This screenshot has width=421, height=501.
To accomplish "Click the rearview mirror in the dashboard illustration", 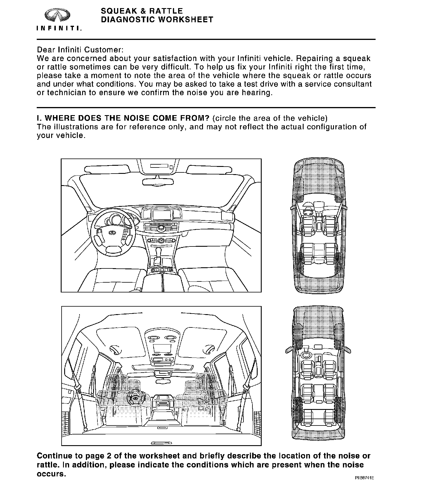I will pos(158,182).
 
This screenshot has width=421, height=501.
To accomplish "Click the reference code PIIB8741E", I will pos(365,478).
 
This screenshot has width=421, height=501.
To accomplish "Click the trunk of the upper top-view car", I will pos(319,282).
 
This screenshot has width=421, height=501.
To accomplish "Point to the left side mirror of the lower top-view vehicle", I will pos(289,350).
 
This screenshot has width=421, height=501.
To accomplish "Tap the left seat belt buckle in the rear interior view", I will pos(77,387).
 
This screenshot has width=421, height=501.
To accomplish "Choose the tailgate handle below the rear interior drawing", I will pos(161,443).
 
